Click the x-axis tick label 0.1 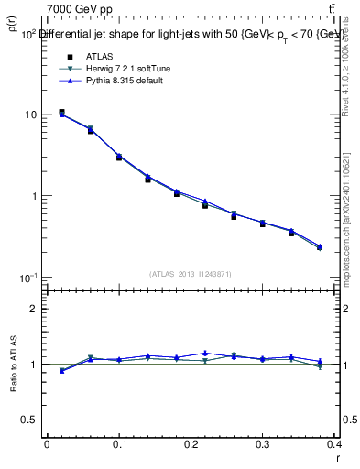[118, 445]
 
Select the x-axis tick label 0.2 [191, 445]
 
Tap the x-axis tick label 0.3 [263, 445]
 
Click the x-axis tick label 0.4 [334, 445]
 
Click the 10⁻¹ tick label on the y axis [27, 277]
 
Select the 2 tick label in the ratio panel [34, 310]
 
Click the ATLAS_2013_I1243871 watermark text [191, 274]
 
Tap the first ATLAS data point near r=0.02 [61, 113]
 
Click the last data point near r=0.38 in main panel [320, 247]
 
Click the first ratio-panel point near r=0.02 [61, 371]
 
